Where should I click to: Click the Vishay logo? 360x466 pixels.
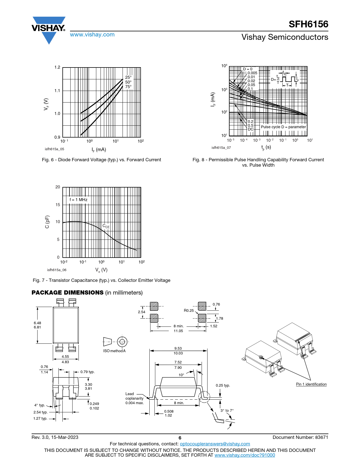point(49,30)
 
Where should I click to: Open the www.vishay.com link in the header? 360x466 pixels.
point(92,34)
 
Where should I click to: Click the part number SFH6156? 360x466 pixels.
point(308,24)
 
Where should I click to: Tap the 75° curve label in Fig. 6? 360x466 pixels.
point(128,87)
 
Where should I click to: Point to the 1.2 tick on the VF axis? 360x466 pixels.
point(57,67)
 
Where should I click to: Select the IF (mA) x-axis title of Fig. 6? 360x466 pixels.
point(99,150)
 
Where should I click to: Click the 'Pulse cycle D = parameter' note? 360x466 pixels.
point(283,127)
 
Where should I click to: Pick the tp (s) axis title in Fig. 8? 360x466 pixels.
point(266,147)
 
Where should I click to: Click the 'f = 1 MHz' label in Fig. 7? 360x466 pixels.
point(78,200)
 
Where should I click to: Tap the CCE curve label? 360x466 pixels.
point(106,226)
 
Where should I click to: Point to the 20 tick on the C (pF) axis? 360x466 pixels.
point(58,187)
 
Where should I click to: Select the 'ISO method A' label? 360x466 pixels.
point(114,351)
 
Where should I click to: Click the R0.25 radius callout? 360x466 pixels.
point(189,310)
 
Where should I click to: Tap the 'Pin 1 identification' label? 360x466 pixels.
point(311,384)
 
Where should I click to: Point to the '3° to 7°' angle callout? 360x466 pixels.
point(227,410)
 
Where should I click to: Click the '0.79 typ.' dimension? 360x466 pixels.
point(88,372)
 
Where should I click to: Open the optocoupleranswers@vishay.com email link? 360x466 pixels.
point(215,444)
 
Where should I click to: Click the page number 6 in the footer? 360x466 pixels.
point(180,438)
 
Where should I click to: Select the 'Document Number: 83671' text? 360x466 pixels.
point(300,437)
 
